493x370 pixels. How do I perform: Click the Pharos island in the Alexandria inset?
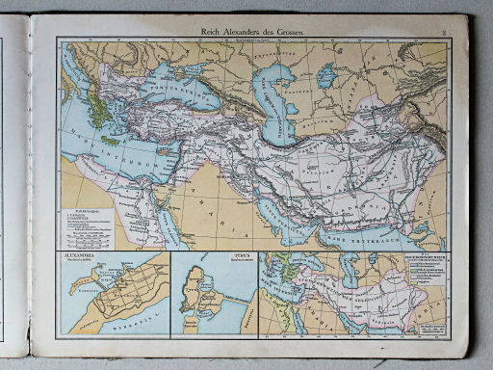tap(96, 272)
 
